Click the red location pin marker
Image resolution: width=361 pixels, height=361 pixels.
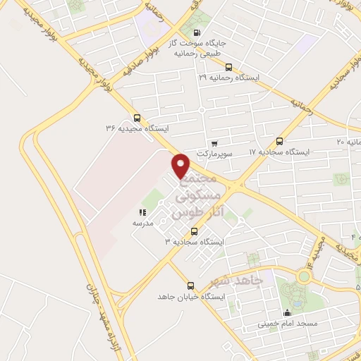click(x=181, y=164)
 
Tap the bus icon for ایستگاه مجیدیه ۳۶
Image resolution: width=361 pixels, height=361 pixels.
click(x=137, y=118)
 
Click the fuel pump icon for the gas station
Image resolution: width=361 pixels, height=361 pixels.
click(x=195, y=32)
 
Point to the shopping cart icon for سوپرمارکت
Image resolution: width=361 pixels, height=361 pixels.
click(x=214, y=143)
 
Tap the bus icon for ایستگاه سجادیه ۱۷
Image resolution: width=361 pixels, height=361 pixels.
click(x=280, y=142)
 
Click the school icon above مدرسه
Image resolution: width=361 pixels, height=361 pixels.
click(x=142, y=212)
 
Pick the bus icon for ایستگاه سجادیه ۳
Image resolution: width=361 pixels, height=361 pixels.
click(x=194, y=231)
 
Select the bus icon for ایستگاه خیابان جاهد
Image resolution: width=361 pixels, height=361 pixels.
click(x=190, y=286)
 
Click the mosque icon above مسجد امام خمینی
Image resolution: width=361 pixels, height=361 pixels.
click(x=286, y=314)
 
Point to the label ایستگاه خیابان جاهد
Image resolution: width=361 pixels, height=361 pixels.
click(x=190, y=297)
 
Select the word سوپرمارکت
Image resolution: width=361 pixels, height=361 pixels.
click(x=214, y=153)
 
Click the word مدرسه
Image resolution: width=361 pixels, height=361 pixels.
click(x=143, y=222)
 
